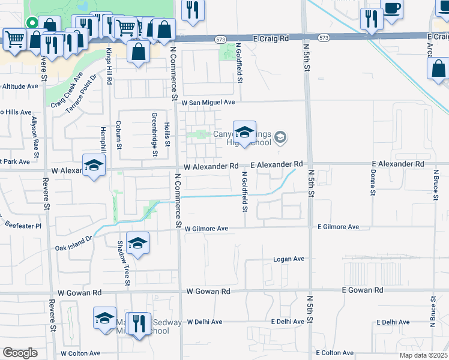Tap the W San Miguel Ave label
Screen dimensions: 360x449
tap(208, 103)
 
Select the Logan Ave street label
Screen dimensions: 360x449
tap(289, 259)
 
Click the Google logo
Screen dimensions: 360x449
tap(20, 352)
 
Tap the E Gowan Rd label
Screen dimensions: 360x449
tap(362, 290)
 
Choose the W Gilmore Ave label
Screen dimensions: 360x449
tap(206, 229)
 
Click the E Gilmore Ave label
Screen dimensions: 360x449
tap(338, 227)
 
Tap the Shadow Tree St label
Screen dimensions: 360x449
tap(120, 251)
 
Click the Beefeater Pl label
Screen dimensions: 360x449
tap(21, 226)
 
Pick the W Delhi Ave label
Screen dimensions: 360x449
tap(205, 322)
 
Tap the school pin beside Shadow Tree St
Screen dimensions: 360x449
tap(137, 244)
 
